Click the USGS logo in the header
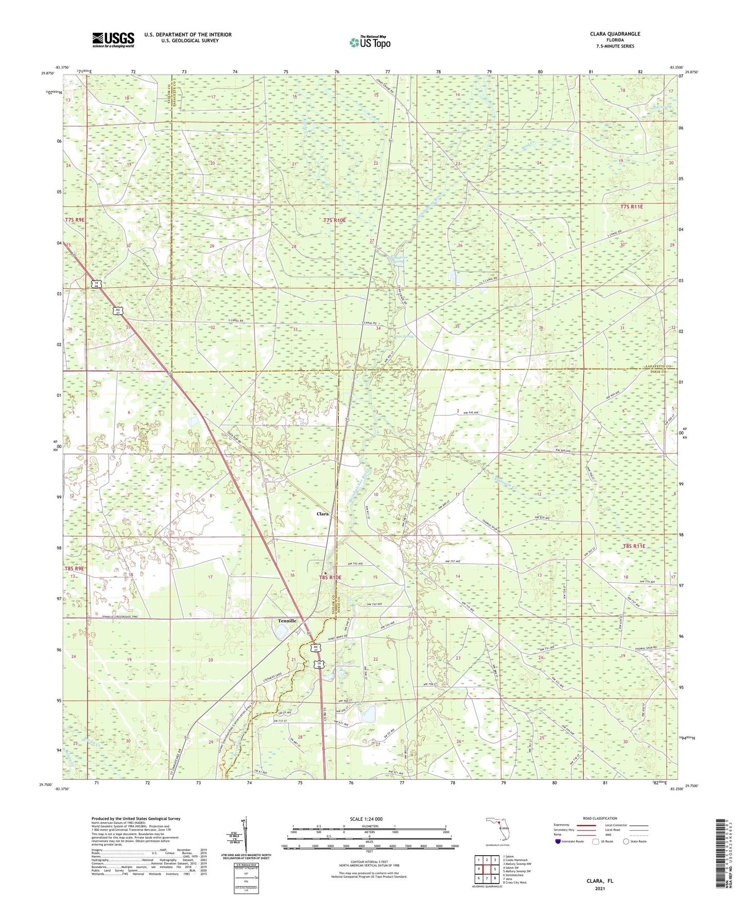[x=113, y=40]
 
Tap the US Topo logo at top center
[x=370, y=42]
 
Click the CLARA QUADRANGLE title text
[x=615, y=34]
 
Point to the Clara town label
[x=322, y=514]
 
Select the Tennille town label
[x=287, y=621]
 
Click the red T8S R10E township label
[x=330, y=578]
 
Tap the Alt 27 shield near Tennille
[x=316, y=649]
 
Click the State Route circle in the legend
[x=626, y=841]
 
